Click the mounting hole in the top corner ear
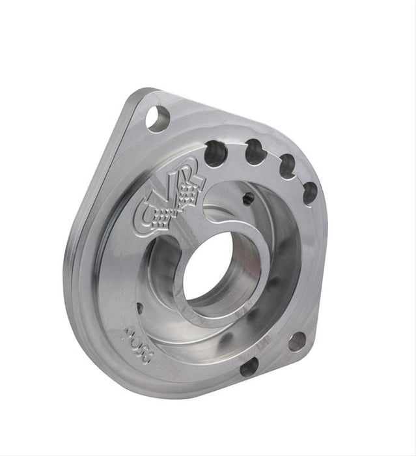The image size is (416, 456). tap(158, 119)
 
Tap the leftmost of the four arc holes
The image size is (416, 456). tap(215, 154)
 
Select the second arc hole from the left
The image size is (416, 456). tap(255, 152)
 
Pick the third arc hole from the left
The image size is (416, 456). tap(287, 166)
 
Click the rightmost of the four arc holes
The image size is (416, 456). tap(310, 193)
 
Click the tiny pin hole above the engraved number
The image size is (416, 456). tap(139, 306)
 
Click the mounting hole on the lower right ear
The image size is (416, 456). tap(297, 341)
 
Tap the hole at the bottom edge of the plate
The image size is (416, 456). tap(249, 367)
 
